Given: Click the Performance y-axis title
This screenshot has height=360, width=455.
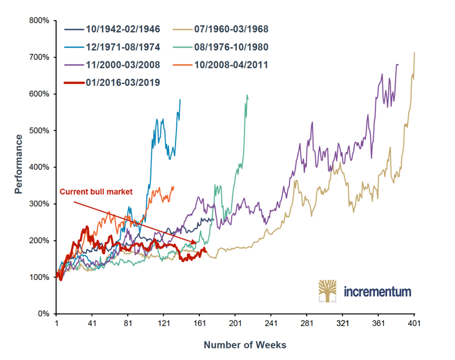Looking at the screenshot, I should [x=19, y=164].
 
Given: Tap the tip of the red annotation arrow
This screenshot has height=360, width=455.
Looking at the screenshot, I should [x=197, y=243].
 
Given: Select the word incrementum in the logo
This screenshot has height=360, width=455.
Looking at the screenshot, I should [x=377, y=292].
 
